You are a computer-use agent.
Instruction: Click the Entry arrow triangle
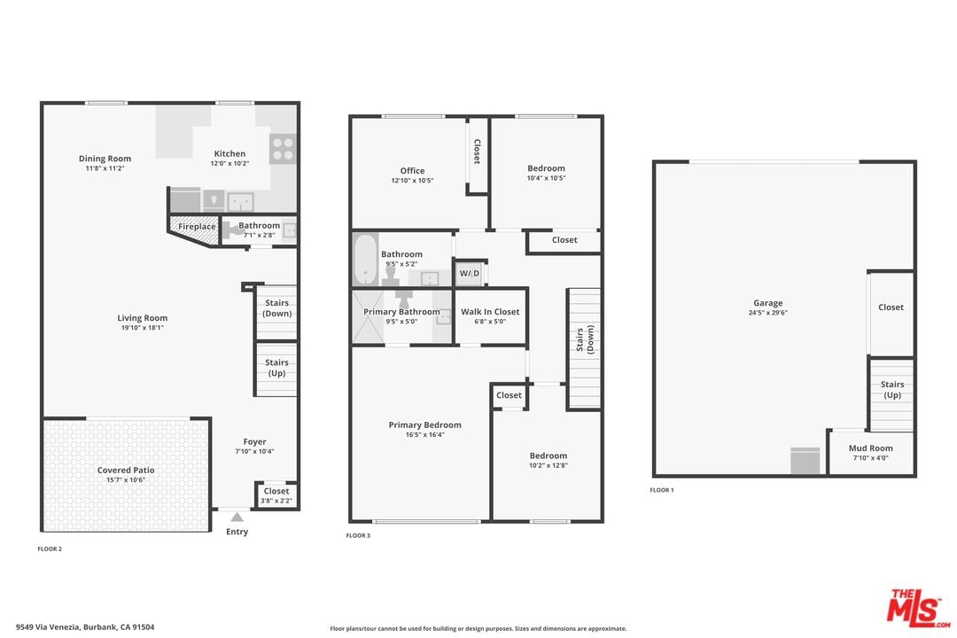[237, 517]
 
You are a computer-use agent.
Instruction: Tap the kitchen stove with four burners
[283, 149]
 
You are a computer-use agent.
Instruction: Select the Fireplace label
[197, 227]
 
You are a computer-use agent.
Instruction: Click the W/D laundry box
[470, 273]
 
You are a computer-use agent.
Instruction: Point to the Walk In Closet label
[490, 311]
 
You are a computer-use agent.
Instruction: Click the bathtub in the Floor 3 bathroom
[365, 259]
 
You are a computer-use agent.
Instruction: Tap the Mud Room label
[870, 448]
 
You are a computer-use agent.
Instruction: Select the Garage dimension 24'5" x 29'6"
[767, 313]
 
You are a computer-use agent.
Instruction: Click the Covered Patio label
[126, 471]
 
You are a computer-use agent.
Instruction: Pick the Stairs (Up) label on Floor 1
[891, 390]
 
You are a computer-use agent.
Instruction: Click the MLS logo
[917, 608]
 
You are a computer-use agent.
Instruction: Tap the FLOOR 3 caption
[358, 535]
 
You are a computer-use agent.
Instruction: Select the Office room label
[412, 171]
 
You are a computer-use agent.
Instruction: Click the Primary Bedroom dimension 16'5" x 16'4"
[424, 435]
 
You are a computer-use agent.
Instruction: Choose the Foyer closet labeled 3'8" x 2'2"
[276, 494]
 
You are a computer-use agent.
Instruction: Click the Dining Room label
[105, 159]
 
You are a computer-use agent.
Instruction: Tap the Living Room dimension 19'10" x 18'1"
[142, 328]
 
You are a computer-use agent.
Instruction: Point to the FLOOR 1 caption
[662, 490]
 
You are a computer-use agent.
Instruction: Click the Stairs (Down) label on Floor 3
[585, 339]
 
